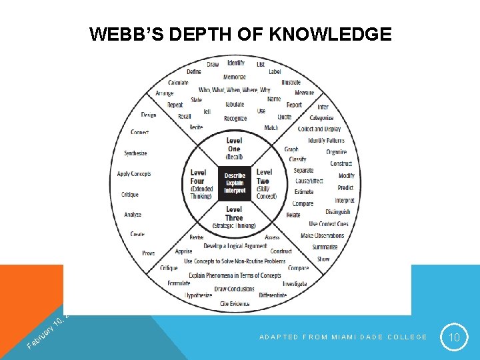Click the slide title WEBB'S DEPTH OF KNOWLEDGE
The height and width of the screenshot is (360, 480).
[241, 34]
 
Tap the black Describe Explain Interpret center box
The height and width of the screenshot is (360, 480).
[235, 183]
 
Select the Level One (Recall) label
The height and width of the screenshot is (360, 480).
[234, 148]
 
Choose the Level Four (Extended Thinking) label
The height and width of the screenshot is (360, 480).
[201, 183]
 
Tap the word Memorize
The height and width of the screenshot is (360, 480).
[235, 77]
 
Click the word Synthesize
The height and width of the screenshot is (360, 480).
[135, 153]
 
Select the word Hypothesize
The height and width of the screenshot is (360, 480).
[199, 295]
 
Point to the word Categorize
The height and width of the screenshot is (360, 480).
[321, 117]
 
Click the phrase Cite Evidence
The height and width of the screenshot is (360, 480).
[235, 304]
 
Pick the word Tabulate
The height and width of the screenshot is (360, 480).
[235, 105]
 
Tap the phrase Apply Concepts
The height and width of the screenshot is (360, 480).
[134, 174]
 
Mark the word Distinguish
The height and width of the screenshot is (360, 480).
[338, 212]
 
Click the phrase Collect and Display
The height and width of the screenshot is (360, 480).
[319, 129]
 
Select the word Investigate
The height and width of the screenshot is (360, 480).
[294, 283]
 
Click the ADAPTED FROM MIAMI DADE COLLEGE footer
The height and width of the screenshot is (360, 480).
[343, 337]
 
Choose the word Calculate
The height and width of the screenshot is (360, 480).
[178, 83]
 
